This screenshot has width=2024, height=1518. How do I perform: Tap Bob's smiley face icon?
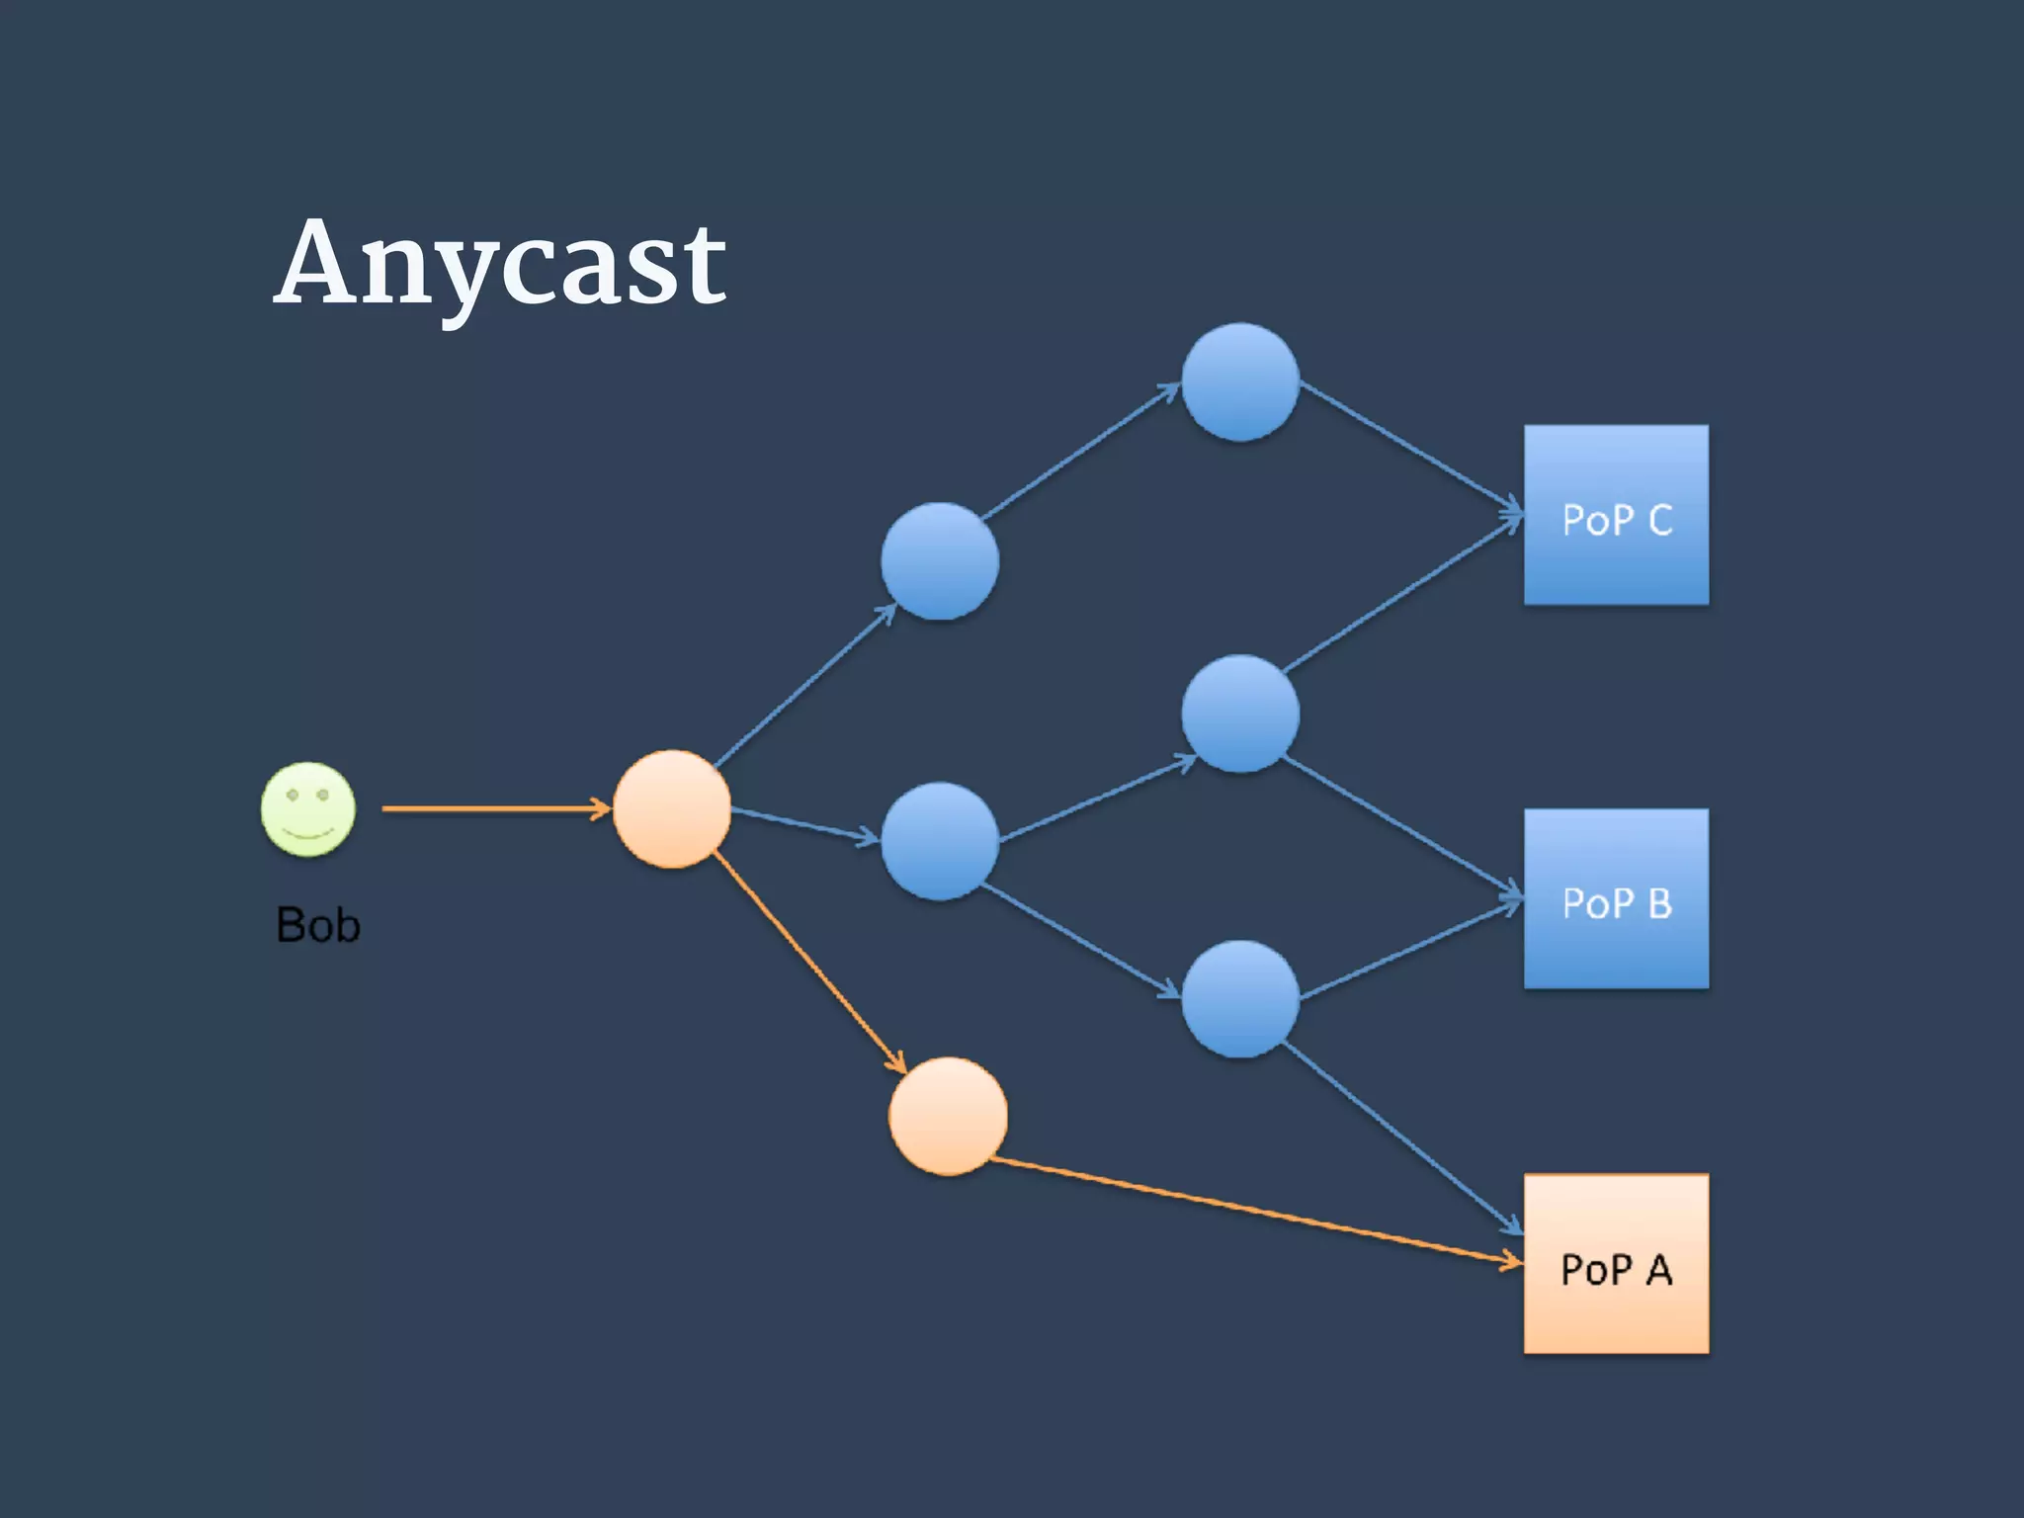click(308, 808)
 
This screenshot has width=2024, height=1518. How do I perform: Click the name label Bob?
click(318, 926)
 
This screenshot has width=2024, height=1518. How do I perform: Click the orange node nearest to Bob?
click(672, 808)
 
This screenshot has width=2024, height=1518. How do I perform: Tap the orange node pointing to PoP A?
click(948, 1116)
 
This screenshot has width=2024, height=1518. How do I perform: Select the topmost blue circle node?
click(1240, 381)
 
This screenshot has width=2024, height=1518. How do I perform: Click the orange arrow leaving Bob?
click(494, 808)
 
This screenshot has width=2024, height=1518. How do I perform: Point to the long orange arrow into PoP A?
click(1255, 1212)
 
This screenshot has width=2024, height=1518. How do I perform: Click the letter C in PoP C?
click(1660, 520)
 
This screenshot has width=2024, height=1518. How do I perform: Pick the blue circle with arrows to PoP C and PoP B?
click(1240, 713)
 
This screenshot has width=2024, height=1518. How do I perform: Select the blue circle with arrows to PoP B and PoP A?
click(1240, 999)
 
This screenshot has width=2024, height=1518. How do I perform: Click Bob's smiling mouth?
click(308, 833)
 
